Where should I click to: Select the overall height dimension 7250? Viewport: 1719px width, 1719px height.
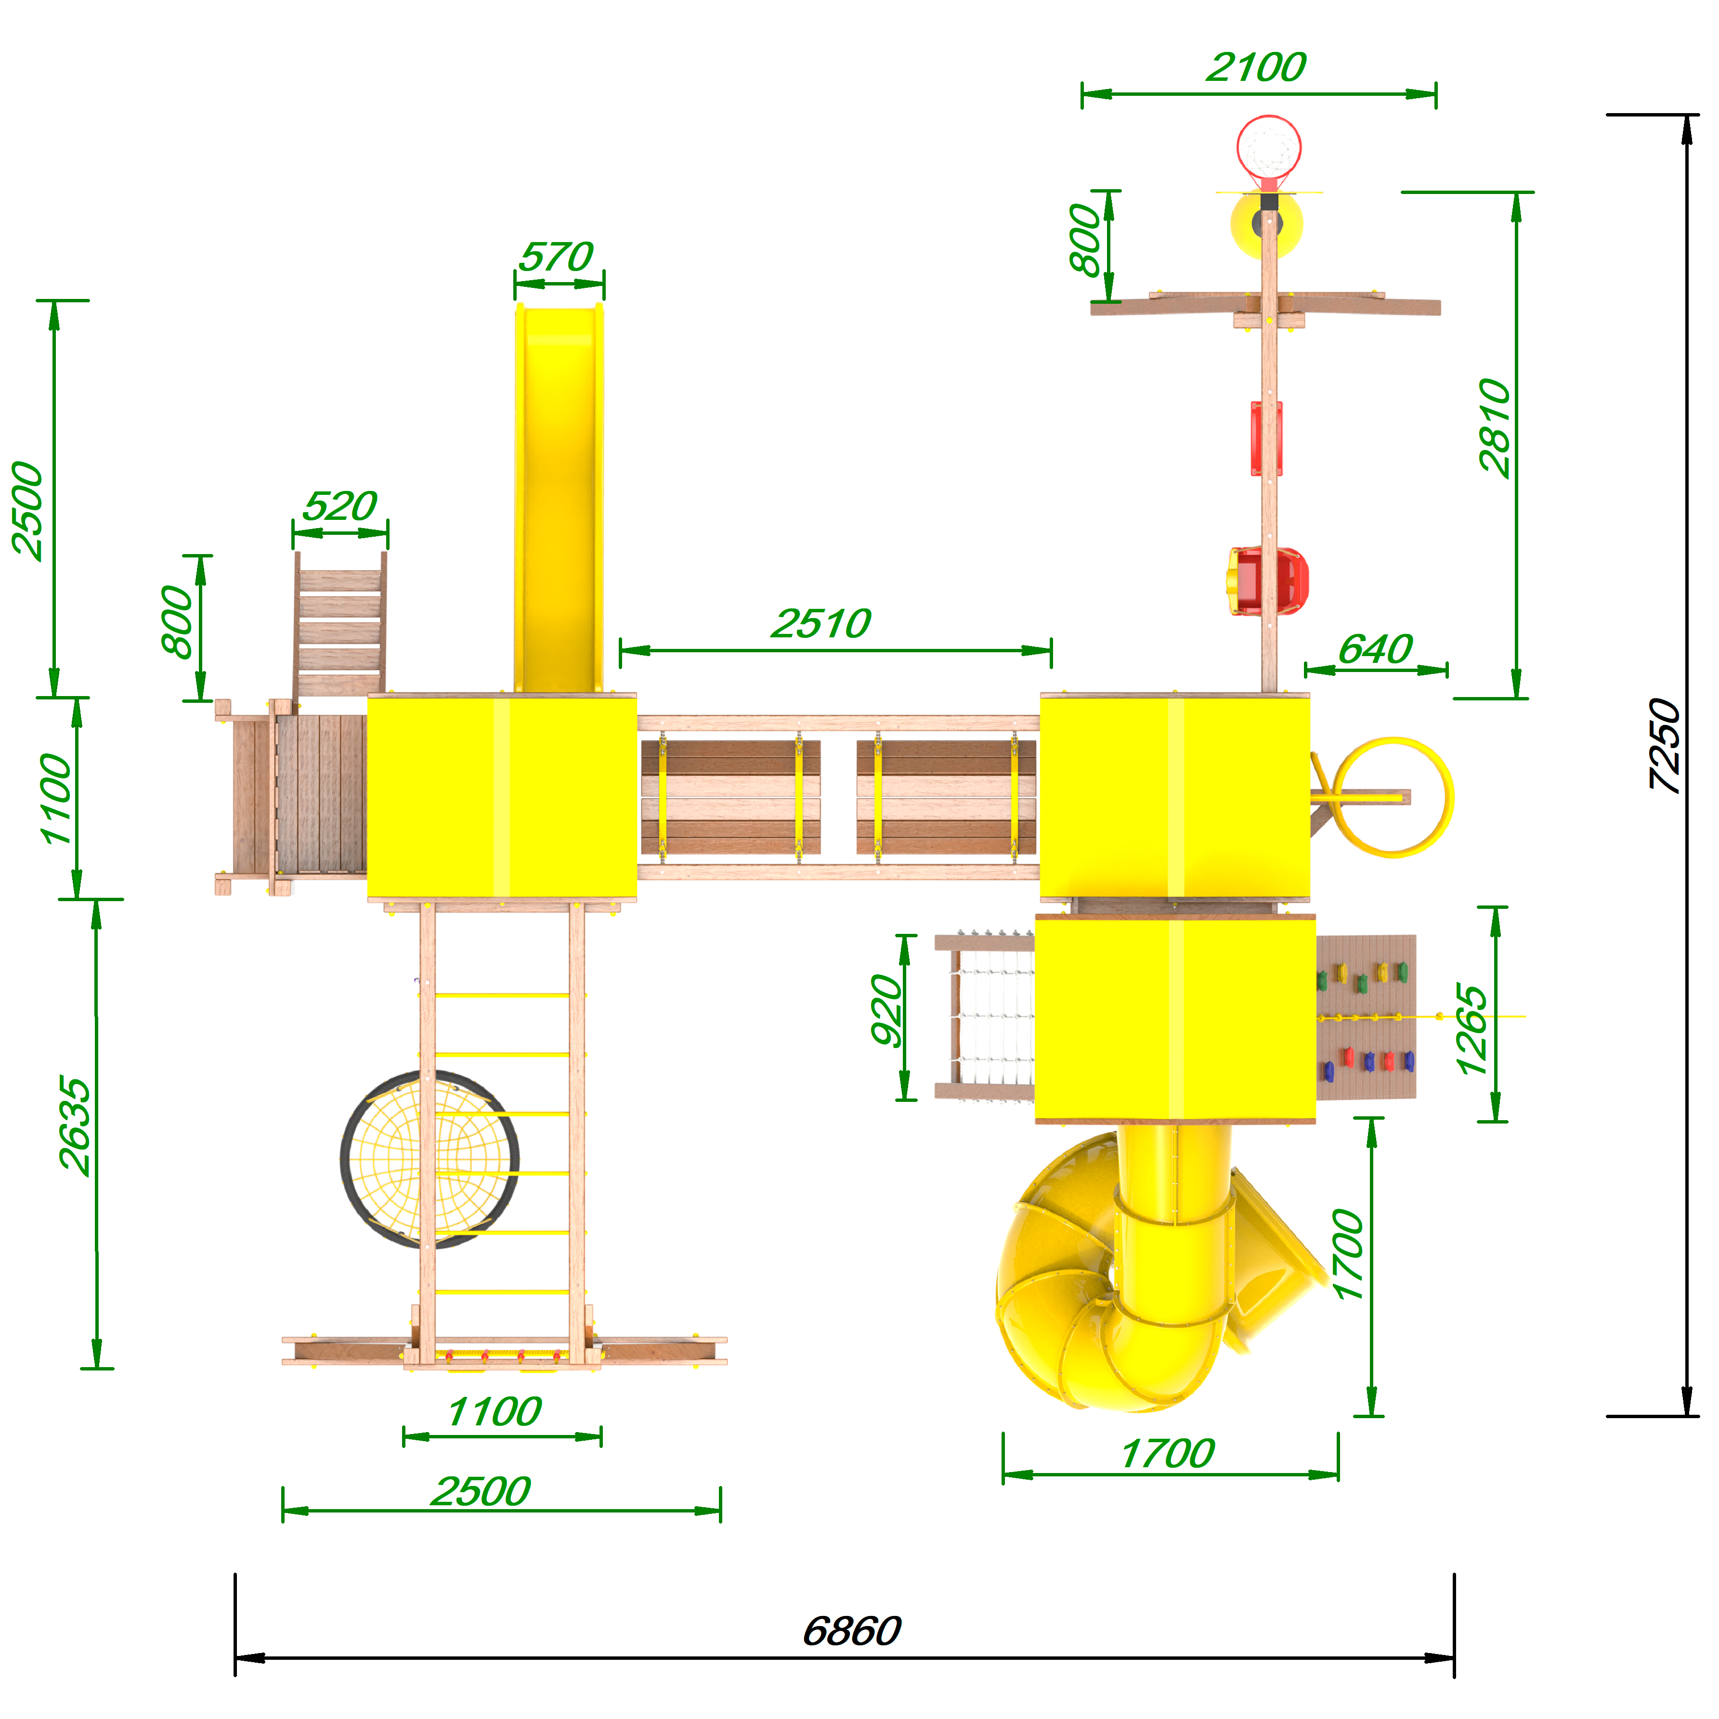coord(1664,745)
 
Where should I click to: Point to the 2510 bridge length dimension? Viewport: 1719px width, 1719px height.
coord(821,624)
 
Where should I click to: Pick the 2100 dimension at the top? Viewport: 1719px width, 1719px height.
coord(1256,67)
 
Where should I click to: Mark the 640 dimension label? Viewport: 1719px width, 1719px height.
coord(1375,649)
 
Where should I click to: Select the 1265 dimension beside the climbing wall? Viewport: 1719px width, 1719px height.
coord(1471,1030)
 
